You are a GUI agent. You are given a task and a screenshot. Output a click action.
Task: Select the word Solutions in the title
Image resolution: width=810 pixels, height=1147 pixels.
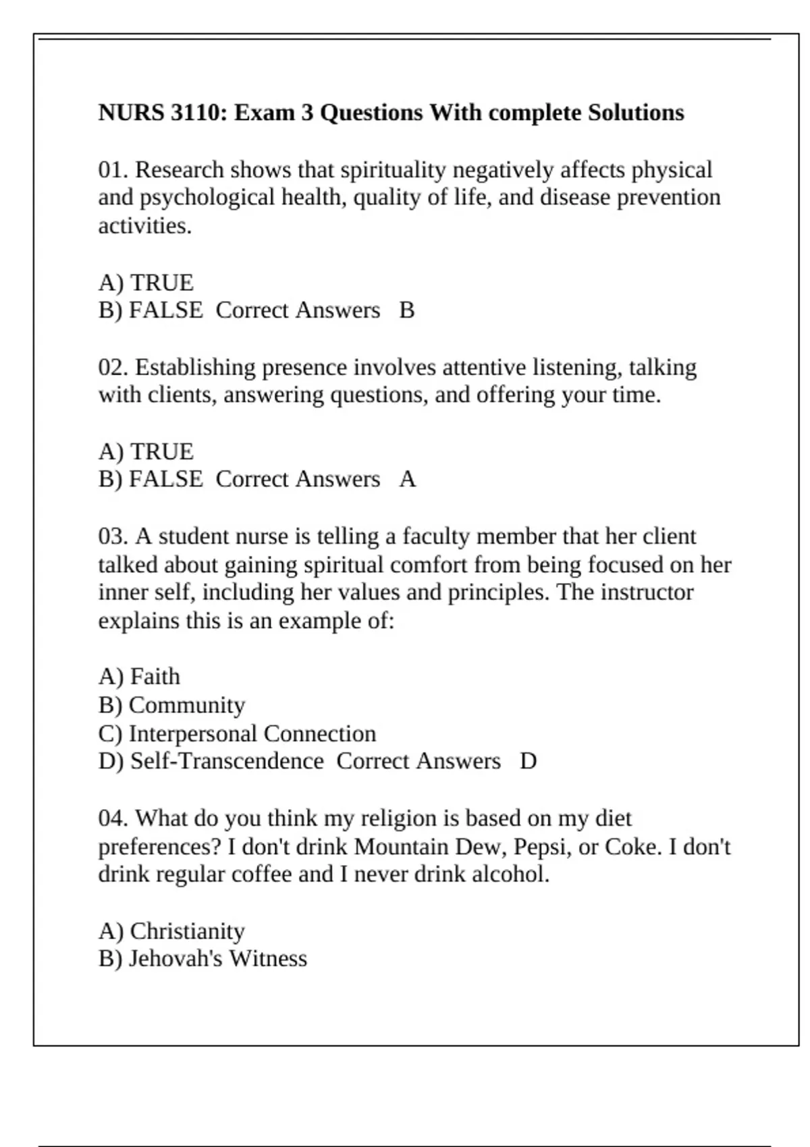pyautogui.click(x=636, y=112)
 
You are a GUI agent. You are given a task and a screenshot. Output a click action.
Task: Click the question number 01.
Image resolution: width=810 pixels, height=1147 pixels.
pyautogui.click(x=113, y=169)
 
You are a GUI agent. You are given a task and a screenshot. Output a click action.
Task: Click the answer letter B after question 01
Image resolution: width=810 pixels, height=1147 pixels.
pyautogui.click(x=406, y=310)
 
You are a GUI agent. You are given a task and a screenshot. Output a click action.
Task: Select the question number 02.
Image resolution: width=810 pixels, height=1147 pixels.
pyautogui.click(x=113, y=367)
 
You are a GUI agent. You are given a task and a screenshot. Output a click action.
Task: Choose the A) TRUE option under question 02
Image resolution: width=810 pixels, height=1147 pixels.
pyautogui.click(x=146, y=451)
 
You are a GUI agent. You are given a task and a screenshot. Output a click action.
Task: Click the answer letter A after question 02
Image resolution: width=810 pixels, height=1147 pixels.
pyautogui.click(x=407, y=478)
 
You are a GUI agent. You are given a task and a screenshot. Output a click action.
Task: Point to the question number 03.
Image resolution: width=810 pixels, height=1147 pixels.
pyautogui.click(x=113, y=536)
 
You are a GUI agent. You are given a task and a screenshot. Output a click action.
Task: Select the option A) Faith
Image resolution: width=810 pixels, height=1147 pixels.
pyautogui.click(x=139, y=676)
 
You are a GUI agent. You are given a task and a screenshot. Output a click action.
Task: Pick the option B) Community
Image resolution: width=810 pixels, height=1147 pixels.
pyautogui.click(x=171, y=705)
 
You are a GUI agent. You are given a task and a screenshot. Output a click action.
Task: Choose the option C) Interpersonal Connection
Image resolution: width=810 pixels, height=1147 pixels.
pyautogui.click(x=236, y=733)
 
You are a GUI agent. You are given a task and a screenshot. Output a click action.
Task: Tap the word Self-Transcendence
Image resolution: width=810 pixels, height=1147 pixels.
pyautogui.click(x=227, y=761)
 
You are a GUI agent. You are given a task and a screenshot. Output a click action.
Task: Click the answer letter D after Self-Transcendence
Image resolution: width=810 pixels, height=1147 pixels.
pyautogui.click(x=529, y=761)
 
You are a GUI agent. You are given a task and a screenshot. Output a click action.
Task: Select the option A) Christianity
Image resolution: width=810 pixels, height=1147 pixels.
pyautogui.click(x=171, y=931)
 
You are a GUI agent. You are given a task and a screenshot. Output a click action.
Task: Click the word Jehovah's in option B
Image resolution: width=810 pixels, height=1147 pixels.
pyautogui.click(x=175, y=959)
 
